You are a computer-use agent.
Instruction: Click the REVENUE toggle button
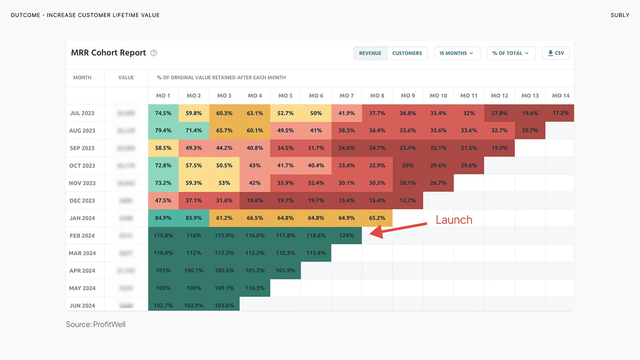coord(370,53)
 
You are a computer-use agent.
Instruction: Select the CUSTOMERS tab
coord(407,53)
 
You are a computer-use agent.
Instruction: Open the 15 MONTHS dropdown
coord(457,53)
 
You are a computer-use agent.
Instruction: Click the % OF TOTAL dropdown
coord(511,53)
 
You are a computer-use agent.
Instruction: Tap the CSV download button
coord(556,53)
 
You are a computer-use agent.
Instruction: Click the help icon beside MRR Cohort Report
coord(154,53)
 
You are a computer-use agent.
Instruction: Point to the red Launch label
coord(454,220)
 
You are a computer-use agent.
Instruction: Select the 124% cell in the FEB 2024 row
coord(346,235)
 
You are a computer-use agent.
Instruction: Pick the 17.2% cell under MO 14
coord(560,113)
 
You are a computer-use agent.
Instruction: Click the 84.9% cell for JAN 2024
coord(163,218)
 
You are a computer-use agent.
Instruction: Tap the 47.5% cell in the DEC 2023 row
coord(163,200)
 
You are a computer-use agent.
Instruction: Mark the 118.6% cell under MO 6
coord(316,235)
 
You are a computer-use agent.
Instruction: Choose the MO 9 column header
coord(408,96)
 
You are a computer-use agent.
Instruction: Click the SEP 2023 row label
coord(82,148)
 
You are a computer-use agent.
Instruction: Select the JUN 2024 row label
coord(82,306)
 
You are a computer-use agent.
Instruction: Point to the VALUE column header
coord(126,77)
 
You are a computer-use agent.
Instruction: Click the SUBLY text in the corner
coord(620,15)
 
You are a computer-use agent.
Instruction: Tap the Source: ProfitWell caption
coord(96,324)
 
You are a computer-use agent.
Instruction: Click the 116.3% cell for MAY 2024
coord(255,288)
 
